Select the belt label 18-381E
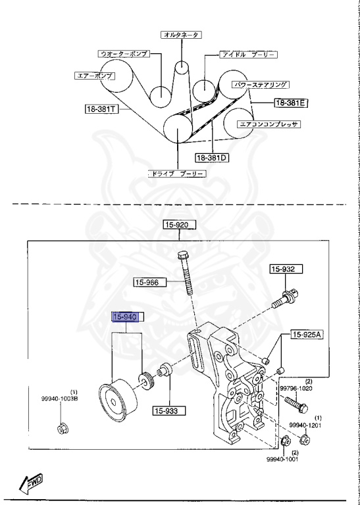point(292,103)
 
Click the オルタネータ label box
point(181,34)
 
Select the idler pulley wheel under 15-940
point(115,398)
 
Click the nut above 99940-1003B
point(61,431)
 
